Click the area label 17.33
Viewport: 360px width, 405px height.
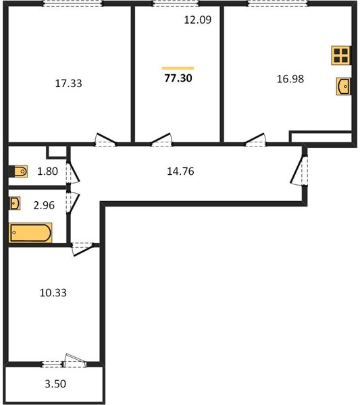68,84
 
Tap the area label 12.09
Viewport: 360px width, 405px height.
198,20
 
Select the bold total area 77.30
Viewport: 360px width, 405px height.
178,78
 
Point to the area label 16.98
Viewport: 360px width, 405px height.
290,79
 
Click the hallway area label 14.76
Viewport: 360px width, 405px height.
180,171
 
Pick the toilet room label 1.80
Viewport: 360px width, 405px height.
47,171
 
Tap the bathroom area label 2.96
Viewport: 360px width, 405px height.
44,205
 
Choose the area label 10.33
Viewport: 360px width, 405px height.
53,293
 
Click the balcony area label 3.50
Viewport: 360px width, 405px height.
55,384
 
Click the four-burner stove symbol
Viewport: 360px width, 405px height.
341,55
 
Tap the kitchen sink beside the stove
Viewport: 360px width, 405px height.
344,86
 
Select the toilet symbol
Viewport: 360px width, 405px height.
19,171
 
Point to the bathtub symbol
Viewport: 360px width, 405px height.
30,233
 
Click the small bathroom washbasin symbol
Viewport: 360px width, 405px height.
15,203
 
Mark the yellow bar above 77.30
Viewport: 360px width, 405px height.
178,68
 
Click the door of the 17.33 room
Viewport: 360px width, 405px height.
105,140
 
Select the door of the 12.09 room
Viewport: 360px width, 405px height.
161,140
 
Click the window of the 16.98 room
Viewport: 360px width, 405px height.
278,3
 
